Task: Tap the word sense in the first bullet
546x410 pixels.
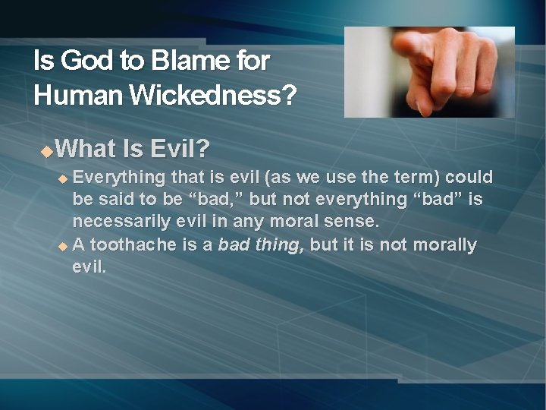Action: tap(353, 222)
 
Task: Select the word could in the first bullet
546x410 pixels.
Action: tap(469, 178)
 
